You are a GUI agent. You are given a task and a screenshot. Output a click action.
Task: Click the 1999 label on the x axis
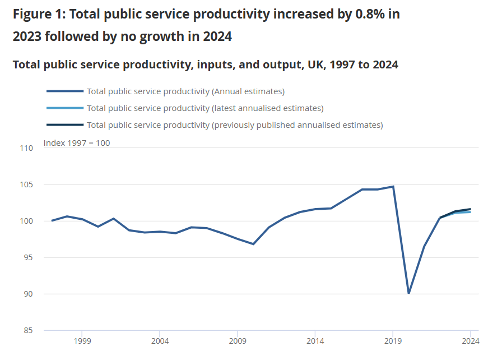click(x=82, y=340)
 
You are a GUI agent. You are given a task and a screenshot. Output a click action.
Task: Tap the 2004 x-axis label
click(x=160, y=340)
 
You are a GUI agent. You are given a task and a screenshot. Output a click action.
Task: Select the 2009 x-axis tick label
click(x=238, y=340)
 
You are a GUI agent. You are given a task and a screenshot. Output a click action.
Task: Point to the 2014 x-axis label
click(x=315, y=340)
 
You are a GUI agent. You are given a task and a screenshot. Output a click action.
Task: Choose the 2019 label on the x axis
click(x=393, y=340)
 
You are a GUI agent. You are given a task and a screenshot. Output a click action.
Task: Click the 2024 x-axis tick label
click(x=471, y=340)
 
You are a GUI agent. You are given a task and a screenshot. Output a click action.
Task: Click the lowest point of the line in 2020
click(x=408, y=293)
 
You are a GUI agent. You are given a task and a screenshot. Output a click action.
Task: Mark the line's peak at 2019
click(x=393, y=186)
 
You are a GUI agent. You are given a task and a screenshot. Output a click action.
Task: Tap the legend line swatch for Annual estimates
click(x=65, y=91)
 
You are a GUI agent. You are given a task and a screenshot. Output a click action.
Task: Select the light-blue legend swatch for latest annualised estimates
click(x=65, y=108)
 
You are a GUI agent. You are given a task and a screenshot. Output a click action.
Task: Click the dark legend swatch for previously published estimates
click(x=65, y=125)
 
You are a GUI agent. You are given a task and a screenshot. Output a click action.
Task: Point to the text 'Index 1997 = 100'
click(x=77, y=143)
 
